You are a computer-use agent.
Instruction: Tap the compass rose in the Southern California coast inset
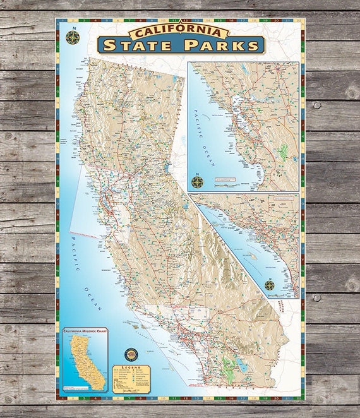pos(270,285)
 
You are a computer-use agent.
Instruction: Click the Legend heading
pos(131,367)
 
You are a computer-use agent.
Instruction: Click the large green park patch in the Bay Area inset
pos(282,152)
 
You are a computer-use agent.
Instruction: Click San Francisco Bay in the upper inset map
pos(238,118)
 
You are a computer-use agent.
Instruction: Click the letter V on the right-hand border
pos(302,260)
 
